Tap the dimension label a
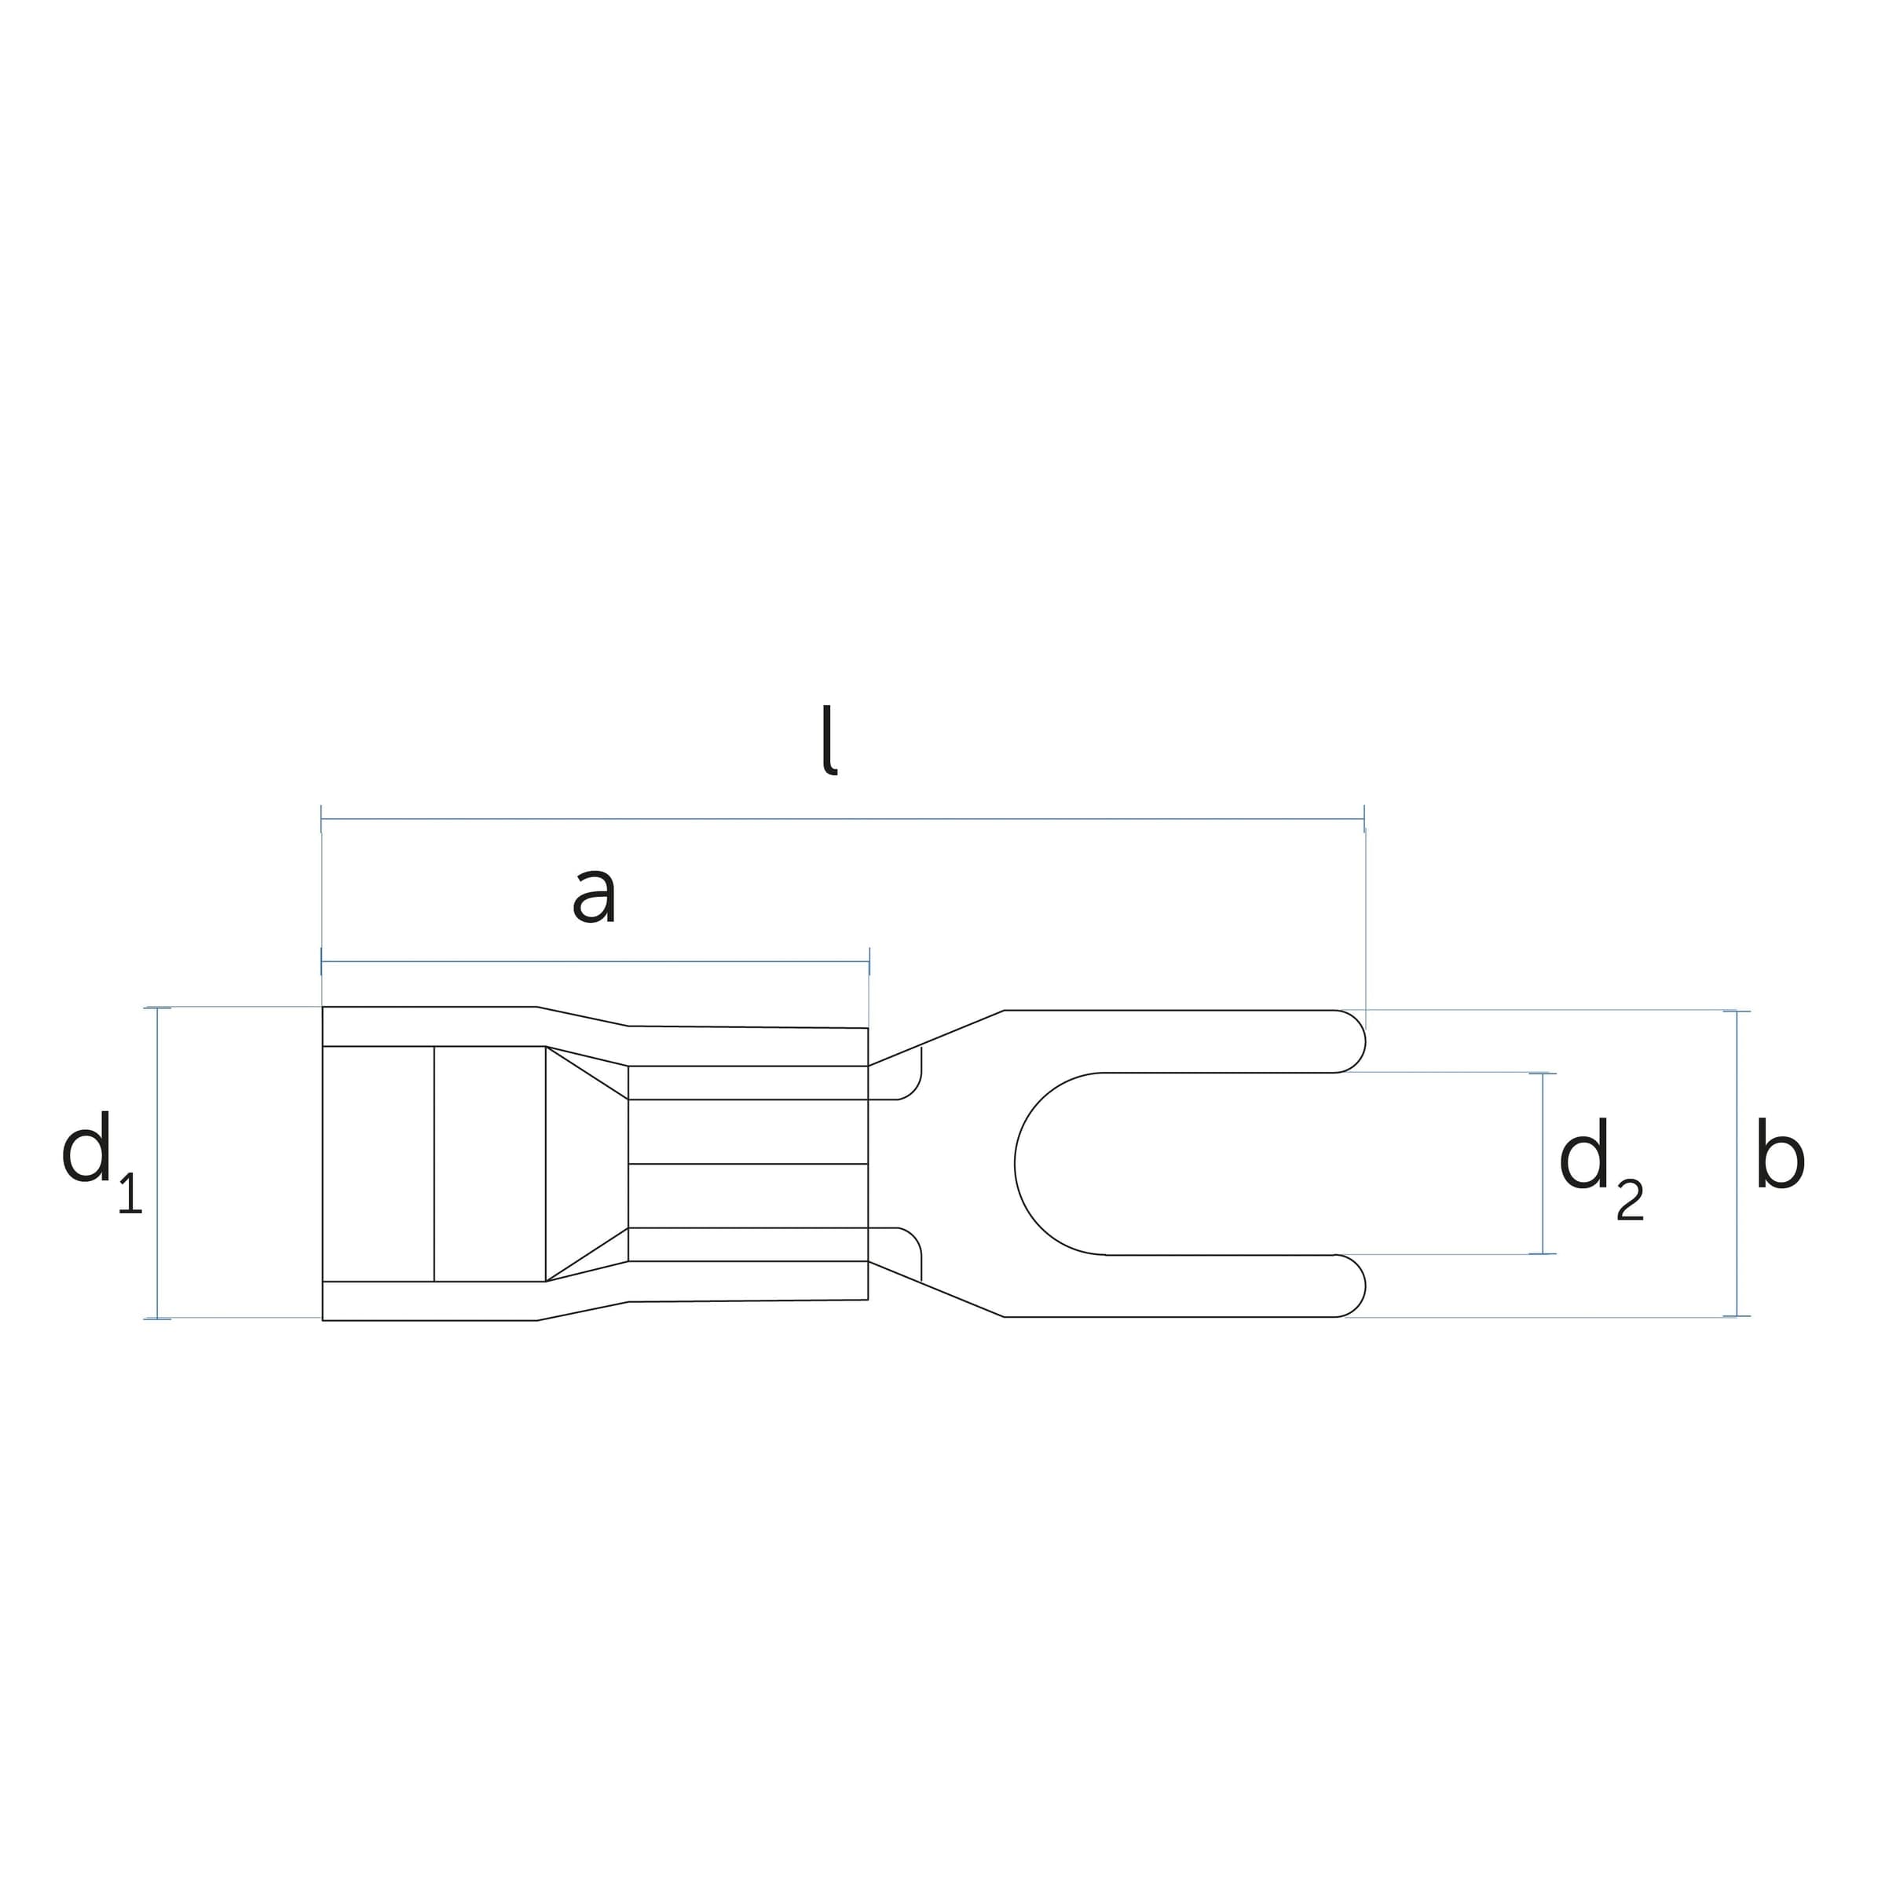click(595, 895)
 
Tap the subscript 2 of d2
click(1630, 1200)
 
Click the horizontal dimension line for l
click(842, 818)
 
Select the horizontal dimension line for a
click(595, 961)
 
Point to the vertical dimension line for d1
click(157, 1163)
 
